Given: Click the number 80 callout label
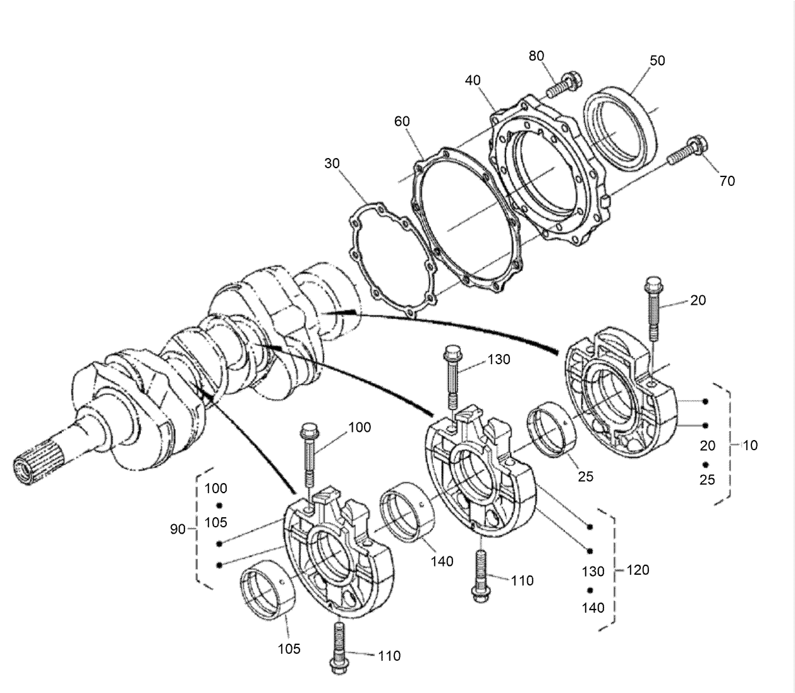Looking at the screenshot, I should point(536,56).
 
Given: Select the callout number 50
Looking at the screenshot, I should point(657,61).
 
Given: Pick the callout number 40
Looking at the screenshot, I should point(473,80).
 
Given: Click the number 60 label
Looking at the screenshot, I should point(402,121).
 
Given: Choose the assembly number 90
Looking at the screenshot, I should point(178,529).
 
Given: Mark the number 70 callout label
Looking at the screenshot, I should point(727,181).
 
